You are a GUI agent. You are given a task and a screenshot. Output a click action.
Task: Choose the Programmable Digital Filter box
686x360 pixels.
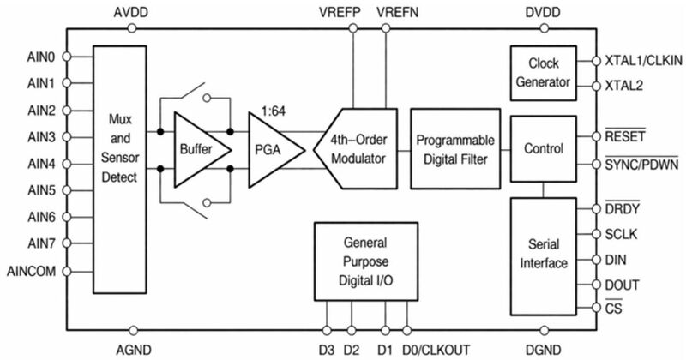pos(454,149)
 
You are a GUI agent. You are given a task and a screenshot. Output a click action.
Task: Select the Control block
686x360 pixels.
pos(544,149)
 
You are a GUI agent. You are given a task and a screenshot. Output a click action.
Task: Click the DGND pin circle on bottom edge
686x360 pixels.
pos(544,329)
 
